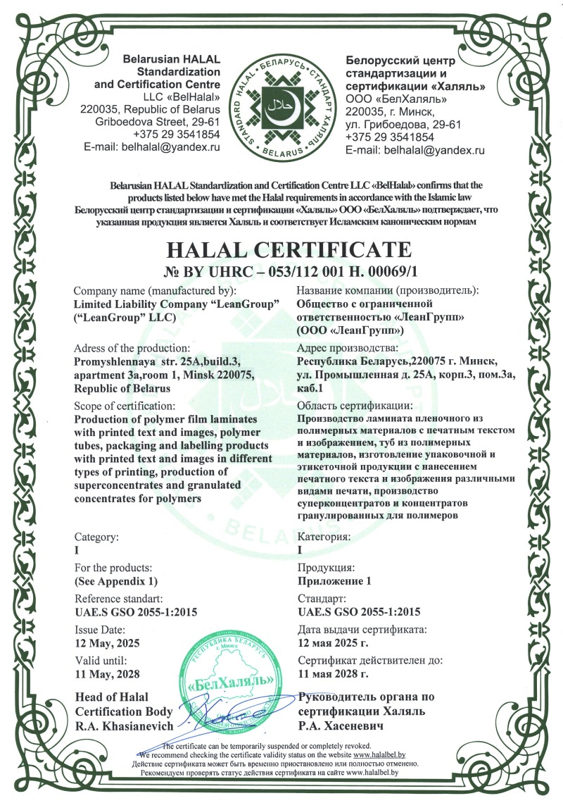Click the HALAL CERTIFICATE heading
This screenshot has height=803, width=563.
point(286,249)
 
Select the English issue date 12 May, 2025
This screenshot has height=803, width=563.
point(108,642)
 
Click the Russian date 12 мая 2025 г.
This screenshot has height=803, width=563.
point(339,642)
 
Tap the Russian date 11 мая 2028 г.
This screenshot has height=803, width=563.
point(334,673)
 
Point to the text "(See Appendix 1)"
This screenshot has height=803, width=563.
point(116,580)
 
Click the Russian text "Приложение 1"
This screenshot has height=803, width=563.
point(334,580)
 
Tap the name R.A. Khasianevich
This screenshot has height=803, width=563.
point(122,725)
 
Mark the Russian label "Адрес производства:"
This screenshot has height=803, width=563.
point(348,347)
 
